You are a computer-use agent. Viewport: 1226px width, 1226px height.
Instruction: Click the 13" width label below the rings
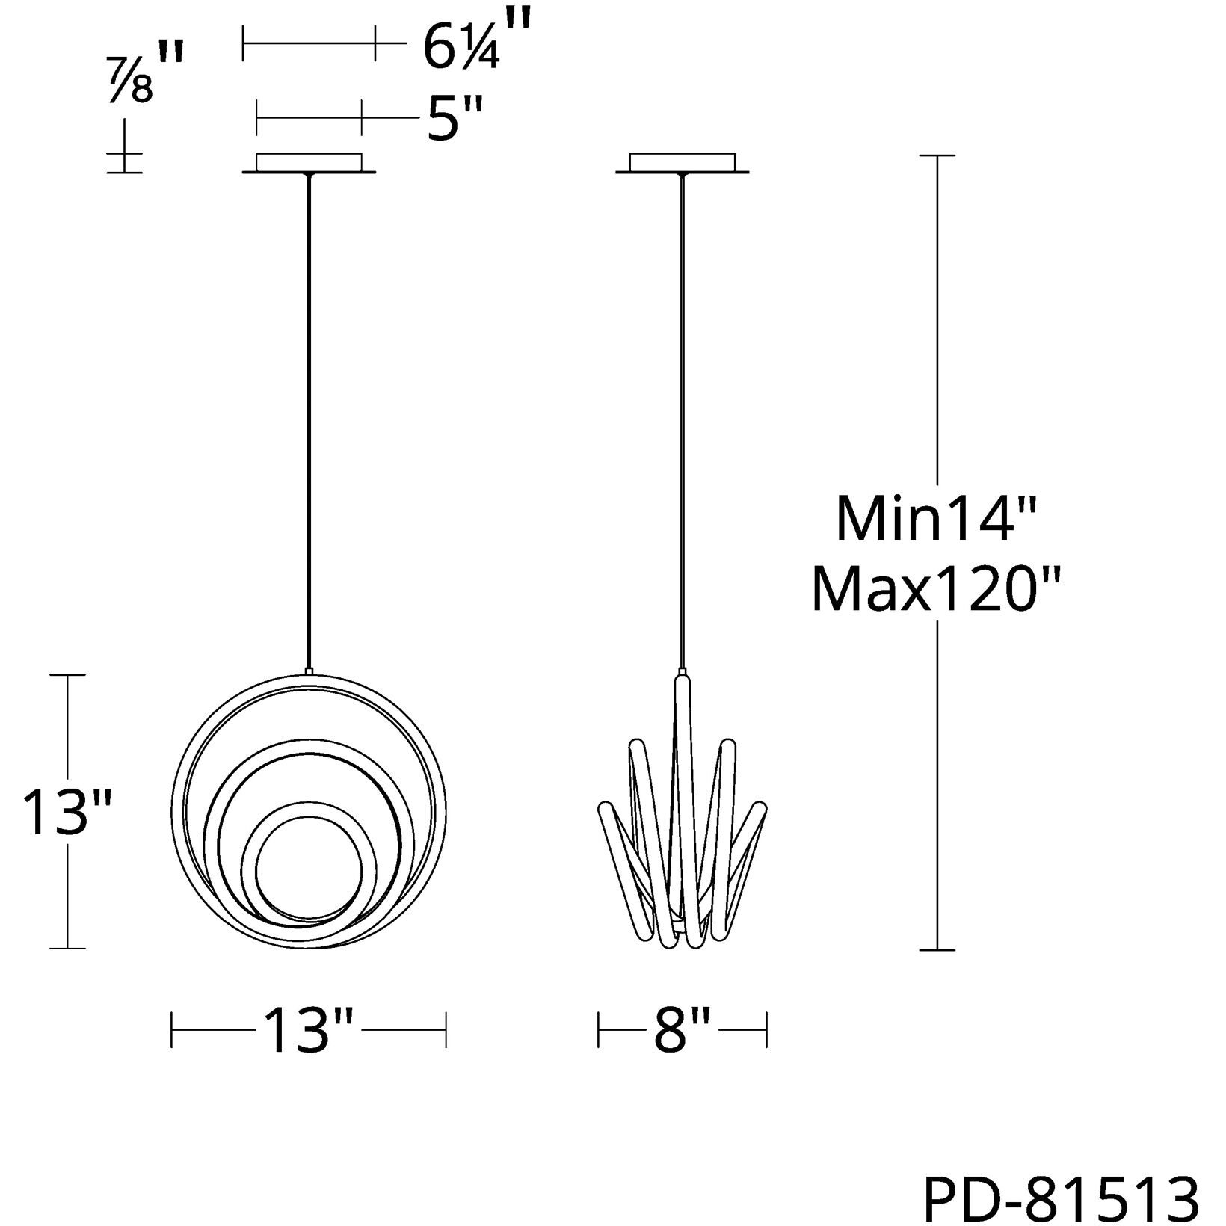coord(307,1031)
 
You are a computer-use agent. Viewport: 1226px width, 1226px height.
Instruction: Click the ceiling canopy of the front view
coord(309,164)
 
